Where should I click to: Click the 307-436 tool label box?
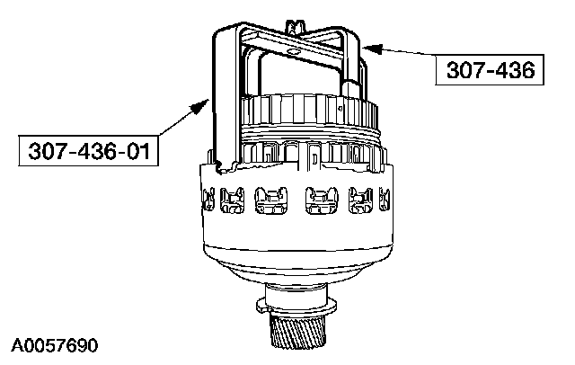pos(490,70)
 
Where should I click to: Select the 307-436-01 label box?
pos(88,151)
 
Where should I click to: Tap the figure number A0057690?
pos(55,345)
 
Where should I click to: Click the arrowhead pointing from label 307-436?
pos(371,49)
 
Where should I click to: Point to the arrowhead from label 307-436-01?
pos(199,106)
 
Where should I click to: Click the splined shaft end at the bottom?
pos(298,329)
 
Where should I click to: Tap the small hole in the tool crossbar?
pos(293,52)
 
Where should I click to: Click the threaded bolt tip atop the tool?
pos(296,27)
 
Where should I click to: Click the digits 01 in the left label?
pos(138,151)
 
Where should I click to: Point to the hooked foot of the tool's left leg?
pos(224,166)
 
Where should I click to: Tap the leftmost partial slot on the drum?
pos(208,200)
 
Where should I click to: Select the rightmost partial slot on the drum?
pos(384,200)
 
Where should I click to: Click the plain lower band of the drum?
pos(297,232)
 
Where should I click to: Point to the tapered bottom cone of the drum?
pos(297,267)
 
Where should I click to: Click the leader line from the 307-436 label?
pos(409,52)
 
